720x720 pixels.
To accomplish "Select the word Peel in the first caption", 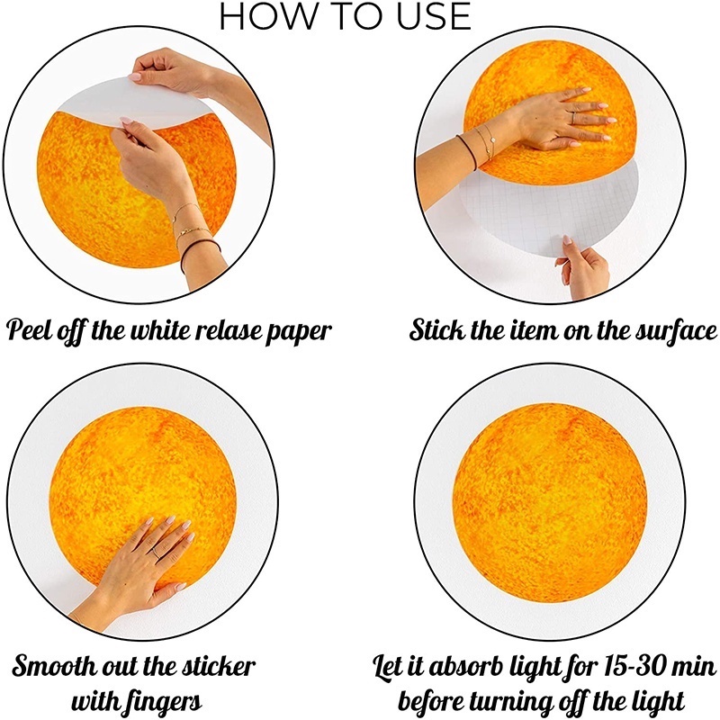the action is [x=30, y=329].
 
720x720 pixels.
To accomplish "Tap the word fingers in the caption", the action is [x=167, y=703].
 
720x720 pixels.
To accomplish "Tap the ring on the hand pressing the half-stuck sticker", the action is [x=572, y=118].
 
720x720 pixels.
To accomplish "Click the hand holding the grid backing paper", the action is [x=582, y=266].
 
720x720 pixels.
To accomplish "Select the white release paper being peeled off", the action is [x=138, y=103].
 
